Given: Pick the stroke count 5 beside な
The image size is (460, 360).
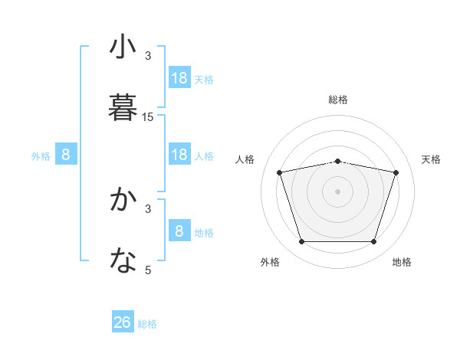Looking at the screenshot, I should point(148,270).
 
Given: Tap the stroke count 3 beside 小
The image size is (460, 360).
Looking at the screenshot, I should point(148,56).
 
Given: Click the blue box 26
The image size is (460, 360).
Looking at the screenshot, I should point(123,322).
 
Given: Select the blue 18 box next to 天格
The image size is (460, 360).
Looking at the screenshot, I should point(179,78).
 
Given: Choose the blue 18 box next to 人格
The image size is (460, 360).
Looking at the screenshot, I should point(179,155).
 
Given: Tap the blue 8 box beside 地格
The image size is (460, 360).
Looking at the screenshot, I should point(179,231).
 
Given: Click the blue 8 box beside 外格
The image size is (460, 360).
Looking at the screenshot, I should point(66,155).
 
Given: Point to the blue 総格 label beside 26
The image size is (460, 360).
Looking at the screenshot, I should point(147,324).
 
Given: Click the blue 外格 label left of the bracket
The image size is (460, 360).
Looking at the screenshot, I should point(41,156).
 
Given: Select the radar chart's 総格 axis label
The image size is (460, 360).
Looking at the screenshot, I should point(337,100).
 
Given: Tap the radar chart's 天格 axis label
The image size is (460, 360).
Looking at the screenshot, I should point(432,159).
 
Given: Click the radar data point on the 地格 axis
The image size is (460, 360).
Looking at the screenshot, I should point(373,242).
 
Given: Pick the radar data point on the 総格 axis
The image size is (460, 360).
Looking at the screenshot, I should point(337,161).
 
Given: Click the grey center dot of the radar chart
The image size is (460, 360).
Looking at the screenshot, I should point(337,191).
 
